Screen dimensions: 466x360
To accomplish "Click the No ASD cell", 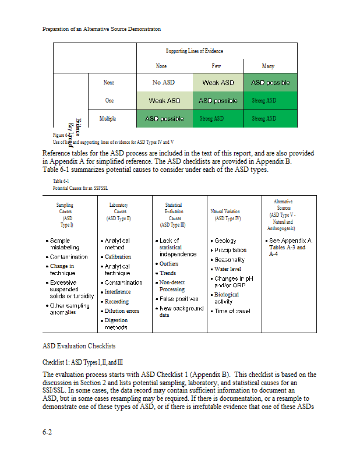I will click(164, 83).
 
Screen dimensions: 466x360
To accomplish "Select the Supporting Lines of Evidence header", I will click(194, 51).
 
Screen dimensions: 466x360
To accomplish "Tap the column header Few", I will click(216, 66).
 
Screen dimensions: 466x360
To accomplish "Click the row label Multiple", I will click(108, 119).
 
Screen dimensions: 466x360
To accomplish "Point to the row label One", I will click(110, 101).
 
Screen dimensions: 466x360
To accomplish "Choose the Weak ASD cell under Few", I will click(218, 83).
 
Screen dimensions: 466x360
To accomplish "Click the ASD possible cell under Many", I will click(270, 83).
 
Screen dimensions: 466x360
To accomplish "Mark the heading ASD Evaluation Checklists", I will click(79, 346).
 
